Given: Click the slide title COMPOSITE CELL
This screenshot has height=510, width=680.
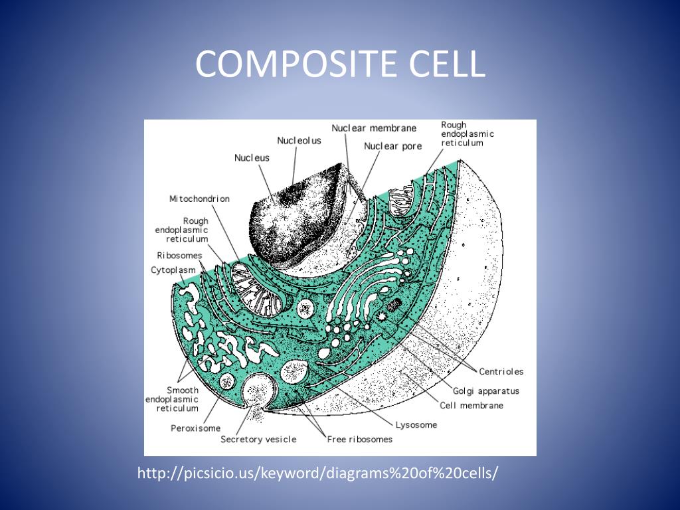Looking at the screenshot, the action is (340, 65).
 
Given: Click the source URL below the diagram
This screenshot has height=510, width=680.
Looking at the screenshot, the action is (317, 473).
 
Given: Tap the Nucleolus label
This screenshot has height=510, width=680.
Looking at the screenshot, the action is (299, 141).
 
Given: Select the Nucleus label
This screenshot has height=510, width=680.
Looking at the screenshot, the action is (252, 158).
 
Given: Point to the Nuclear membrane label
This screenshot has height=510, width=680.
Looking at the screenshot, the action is (374, 128).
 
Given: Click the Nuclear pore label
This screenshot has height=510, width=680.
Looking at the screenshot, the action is (392, 146).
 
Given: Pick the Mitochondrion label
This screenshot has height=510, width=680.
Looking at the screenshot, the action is (199, 199).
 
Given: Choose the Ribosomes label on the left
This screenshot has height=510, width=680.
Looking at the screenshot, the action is (179, 255).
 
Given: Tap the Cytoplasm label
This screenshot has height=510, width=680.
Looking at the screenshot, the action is (173, 270).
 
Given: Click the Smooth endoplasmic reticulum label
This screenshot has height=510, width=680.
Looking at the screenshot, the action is (172, 399).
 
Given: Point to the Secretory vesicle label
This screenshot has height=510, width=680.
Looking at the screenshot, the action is (258, 440).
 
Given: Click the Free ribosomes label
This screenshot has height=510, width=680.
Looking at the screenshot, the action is (359, 439).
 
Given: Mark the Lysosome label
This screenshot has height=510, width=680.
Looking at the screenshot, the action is (416, 425).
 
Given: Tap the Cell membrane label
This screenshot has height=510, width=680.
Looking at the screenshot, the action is (471, 405).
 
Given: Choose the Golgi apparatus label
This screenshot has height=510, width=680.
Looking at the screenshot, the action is (486, 391).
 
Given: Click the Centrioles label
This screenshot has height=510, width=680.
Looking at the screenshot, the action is (501, 372).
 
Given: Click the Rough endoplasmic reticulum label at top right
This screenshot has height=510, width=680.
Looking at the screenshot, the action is (467, 133).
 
